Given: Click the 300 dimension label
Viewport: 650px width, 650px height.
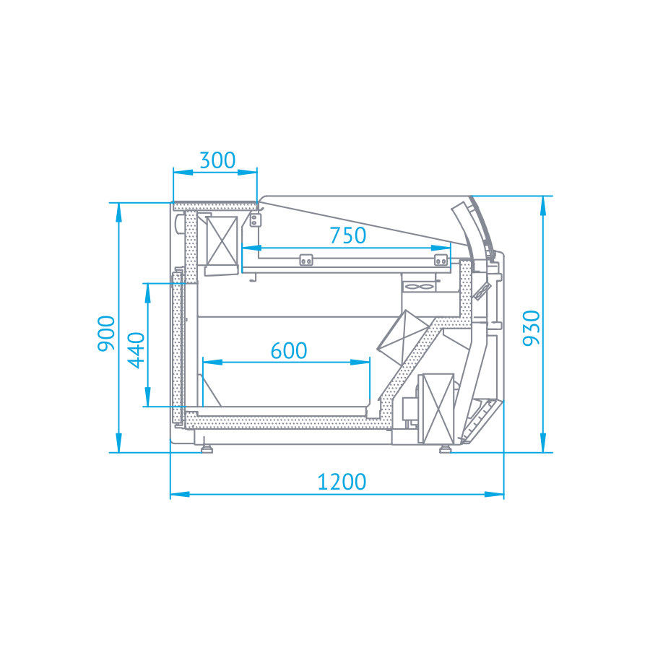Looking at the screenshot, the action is coord(217,160).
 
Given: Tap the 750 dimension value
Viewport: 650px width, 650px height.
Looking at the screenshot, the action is coord(348,235).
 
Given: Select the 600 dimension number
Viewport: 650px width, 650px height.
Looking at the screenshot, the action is coord(289,351).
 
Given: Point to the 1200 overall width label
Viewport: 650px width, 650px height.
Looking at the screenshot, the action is coord(342,482).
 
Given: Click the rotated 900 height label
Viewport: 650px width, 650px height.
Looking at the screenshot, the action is coord(106,334).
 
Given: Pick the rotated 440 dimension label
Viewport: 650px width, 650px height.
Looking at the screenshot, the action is coord(136,350).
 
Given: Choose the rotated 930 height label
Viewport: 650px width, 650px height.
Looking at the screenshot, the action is coord(532,328).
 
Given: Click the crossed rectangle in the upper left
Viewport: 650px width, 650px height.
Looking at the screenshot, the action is coord(222,240).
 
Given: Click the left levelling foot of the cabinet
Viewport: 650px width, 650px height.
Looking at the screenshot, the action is coord(207,448).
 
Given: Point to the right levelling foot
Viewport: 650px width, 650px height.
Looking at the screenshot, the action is coord(445,448).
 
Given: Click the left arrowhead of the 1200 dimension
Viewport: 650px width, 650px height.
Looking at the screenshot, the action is coord(180,494).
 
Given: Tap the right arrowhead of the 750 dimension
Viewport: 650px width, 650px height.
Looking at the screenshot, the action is coord(441,248).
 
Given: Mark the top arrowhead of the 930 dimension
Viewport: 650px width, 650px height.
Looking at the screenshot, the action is coord(543,206).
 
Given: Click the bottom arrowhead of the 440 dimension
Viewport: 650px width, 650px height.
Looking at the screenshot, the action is coord(147,396).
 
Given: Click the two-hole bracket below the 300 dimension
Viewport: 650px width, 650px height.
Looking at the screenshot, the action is coord(255,220).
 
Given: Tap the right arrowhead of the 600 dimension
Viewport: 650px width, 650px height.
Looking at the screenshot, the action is coord(360,362).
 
